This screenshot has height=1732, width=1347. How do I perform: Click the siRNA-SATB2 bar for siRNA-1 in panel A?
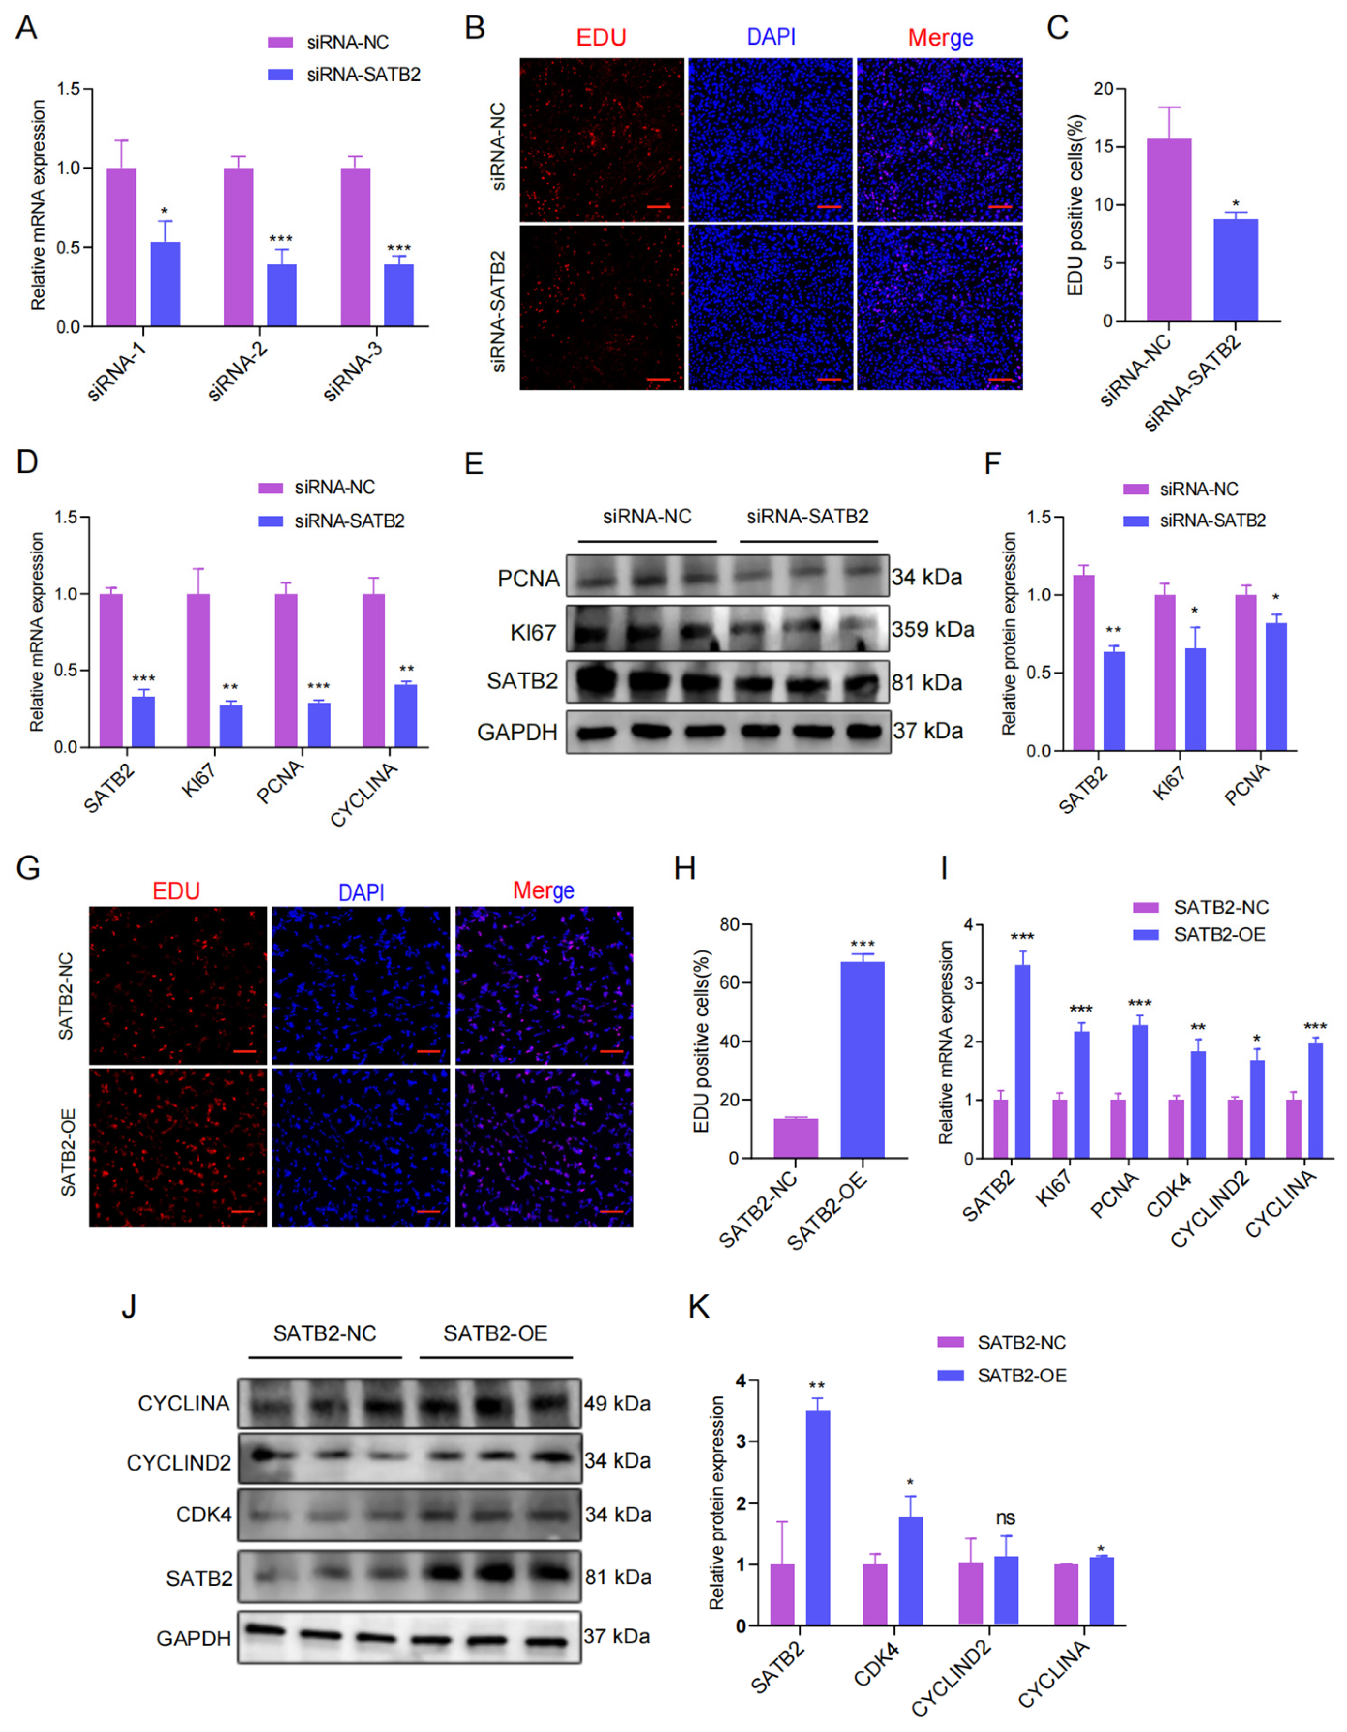[x=165, y=283]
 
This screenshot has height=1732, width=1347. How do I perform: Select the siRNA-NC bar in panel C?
[x=1168, y=230]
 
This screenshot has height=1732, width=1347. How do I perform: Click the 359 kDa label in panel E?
[x=932, y=629]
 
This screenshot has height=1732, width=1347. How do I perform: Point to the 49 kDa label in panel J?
[x=617, y=1403]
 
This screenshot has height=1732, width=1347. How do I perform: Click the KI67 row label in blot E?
[x=533, y=632]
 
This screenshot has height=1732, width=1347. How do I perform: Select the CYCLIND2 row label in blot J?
[x=179, y=1463]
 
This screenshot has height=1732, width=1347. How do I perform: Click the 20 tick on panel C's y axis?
[x=1102, y=89]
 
